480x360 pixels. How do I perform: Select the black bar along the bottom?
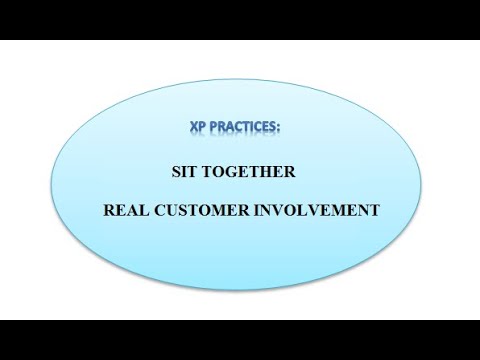240,340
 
